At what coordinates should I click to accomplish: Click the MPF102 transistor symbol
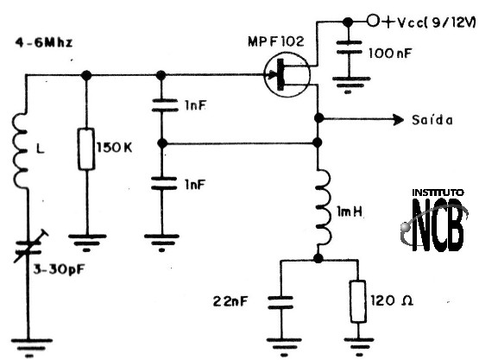[287, 74]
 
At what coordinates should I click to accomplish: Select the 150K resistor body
[86, 148]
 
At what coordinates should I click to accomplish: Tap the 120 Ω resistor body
[358, 301]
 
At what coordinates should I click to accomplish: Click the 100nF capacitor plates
[349, 47]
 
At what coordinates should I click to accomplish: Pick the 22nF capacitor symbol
[280, 302]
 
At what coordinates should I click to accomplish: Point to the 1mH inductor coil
[323, 207]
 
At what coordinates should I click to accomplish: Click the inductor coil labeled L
[20, 150]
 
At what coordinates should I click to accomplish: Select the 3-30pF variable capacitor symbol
[29, 247]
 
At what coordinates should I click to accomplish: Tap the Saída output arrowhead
[398, 119]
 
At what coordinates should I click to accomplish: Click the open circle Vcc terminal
[372, 21]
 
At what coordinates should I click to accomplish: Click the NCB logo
[434, 221]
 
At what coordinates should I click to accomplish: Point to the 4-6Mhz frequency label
[44, 42]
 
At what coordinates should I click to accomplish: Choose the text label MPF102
[275, 41]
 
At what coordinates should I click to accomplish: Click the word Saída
[432, 120]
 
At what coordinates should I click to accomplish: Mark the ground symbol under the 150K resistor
[87, 243]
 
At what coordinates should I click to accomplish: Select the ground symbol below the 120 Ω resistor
[359, 347]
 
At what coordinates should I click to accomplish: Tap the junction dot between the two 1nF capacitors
[162, 142]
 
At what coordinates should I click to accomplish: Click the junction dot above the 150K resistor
[86, 75]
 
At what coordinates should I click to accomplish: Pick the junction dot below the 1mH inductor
[318, 258]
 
